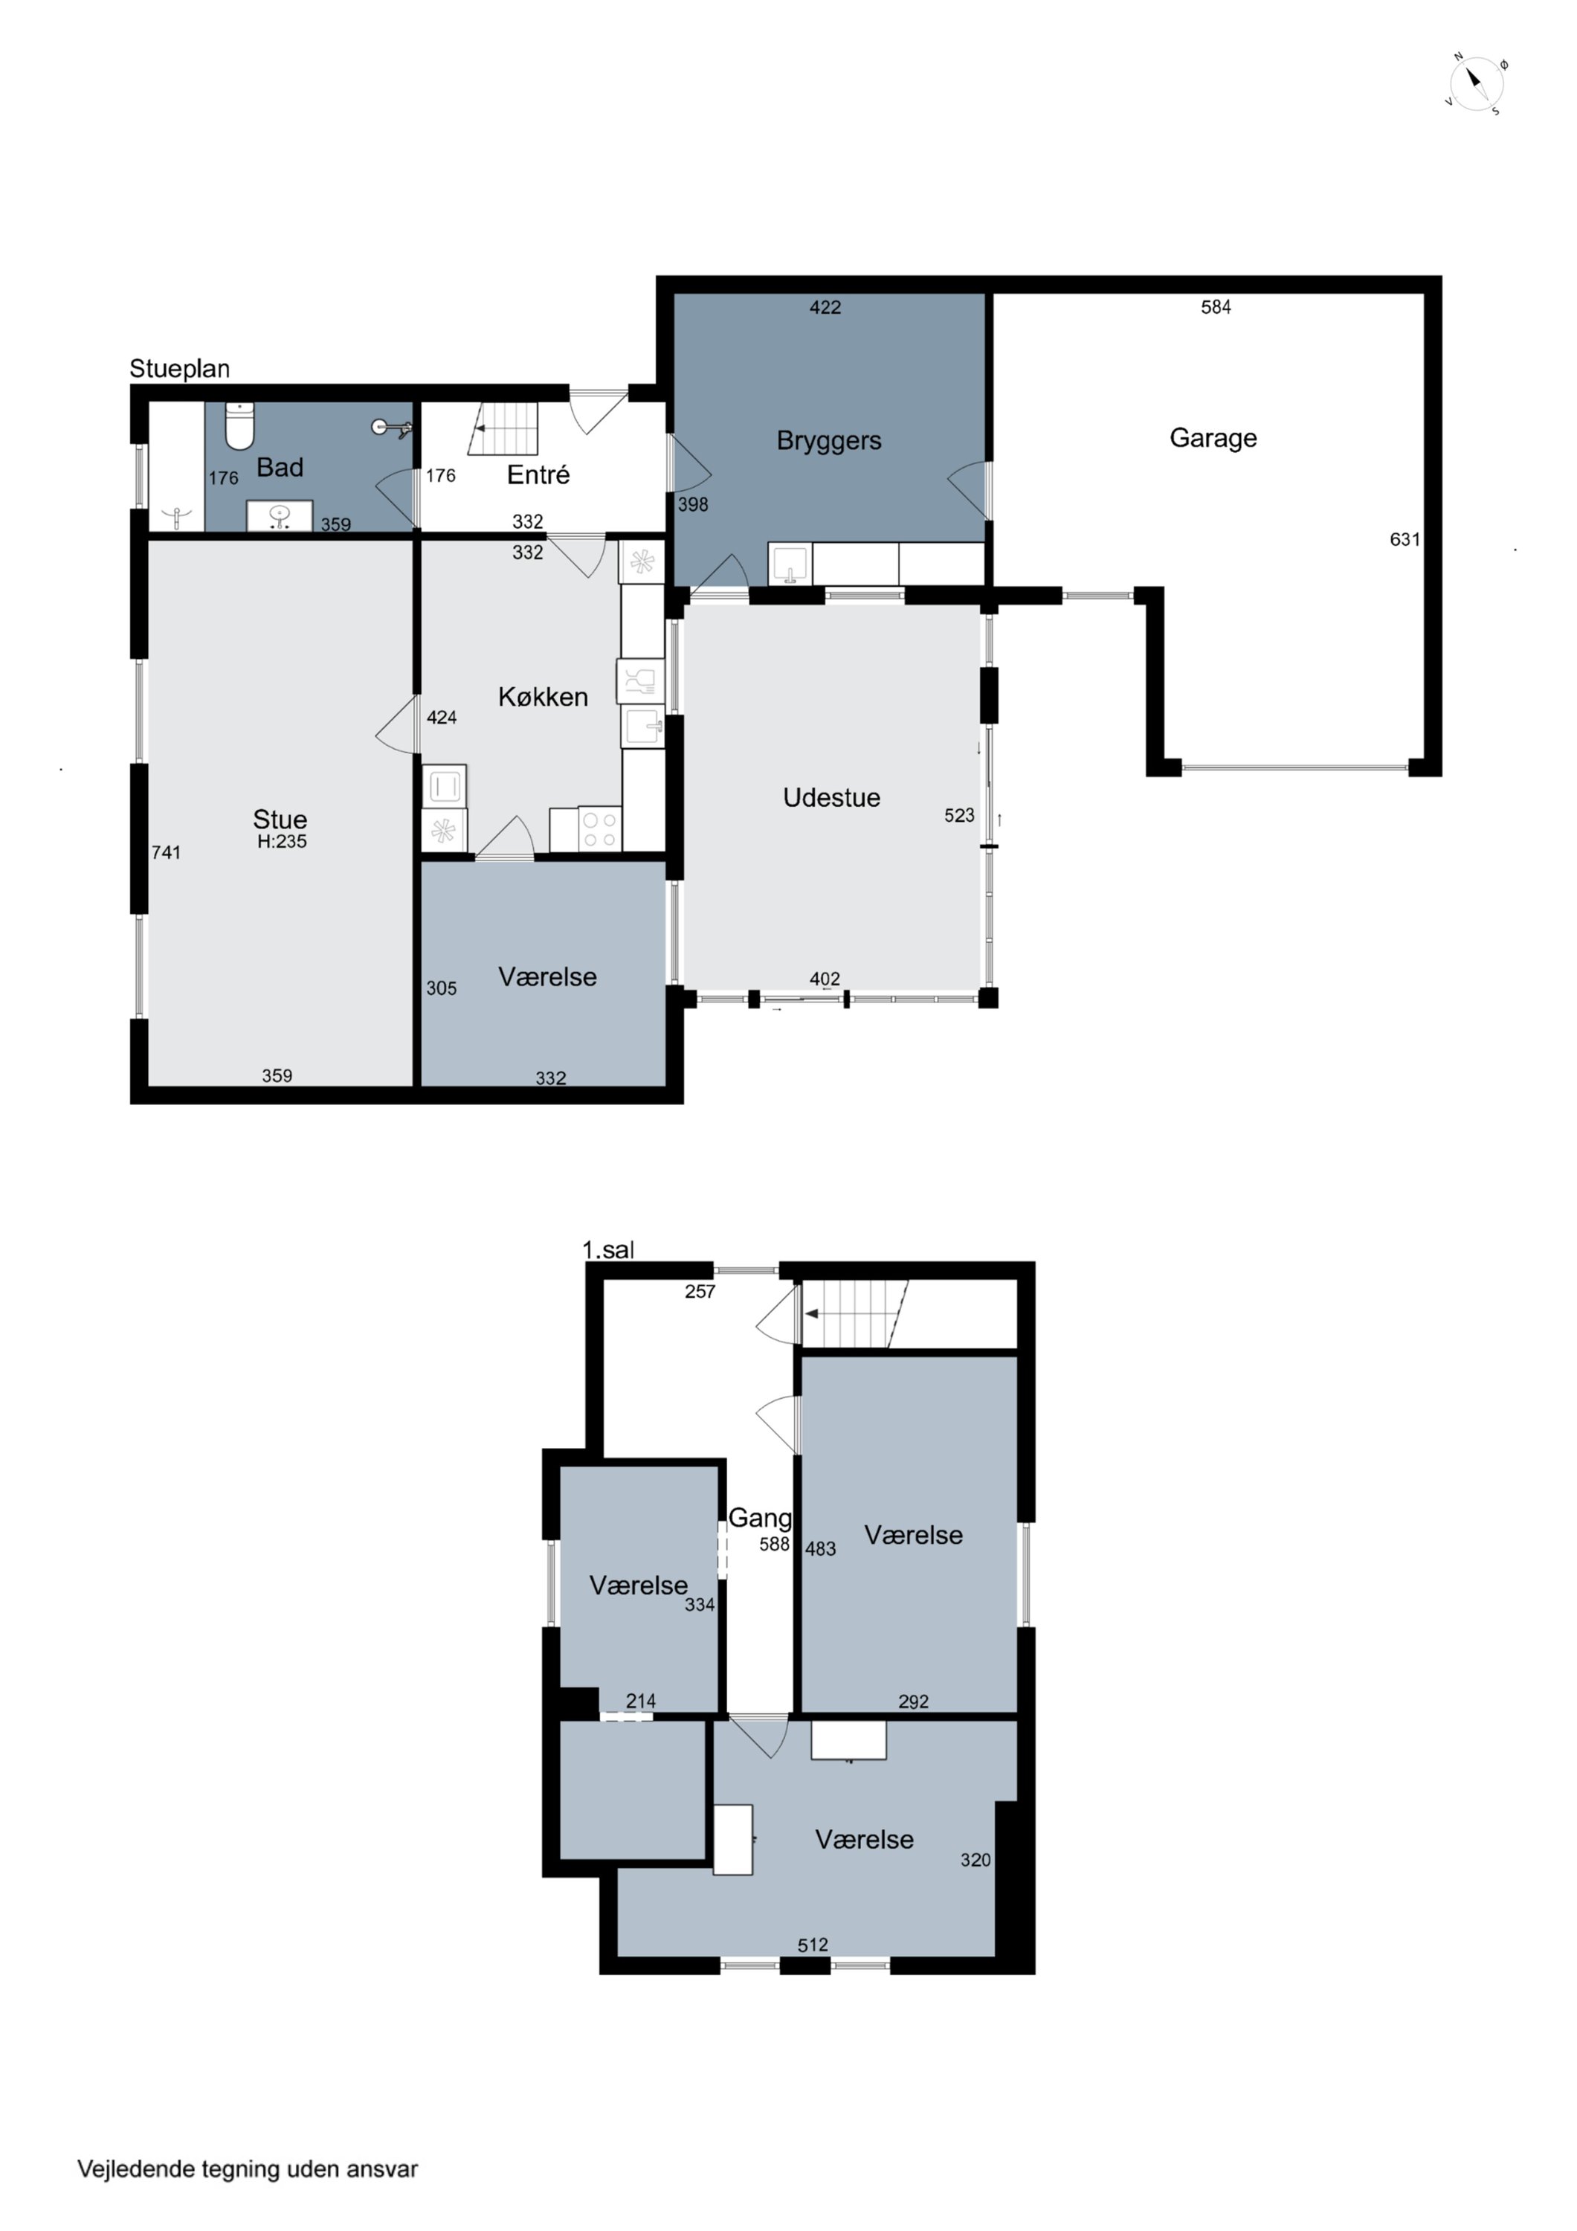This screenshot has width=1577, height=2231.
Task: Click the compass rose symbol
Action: click(1476, 83)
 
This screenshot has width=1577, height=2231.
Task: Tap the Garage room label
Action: click(1213, 438)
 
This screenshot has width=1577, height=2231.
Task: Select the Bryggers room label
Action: click(829, 441)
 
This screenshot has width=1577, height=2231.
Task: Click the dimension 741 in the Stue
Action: click(166, 852)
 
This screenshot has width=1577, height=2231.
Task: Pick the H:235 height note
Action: click(282, 842)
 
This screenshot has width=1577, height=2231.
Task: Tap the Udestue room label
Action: click(832, 798)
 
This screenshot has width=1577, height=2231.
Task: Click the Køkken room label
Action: click(544, 697)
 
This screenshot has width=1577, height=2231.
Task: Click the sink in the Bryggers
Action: click(791, 564)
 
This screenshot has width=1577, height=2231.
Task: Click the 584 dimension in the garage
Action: click(1216, 307)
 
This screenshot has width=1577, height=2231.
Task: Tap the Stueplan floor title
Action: click(180, 370)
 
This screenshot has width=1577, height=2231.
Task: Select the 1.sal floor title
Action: click(608, 1249)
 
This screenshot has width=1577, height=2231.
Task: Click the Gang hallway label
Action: click(760, 1517)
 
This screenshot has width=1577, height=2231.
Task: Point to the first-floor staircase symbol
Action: click(855, 1314)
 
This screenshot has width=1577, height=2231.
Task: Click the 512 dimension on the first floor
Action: click(813, 1945)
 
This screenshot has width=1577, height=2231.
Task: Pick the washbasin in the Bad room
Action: click(280, 515)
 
